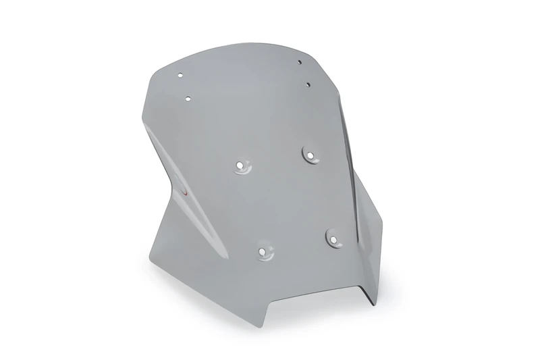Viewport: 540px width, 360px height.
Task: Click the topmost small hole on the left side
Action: (x=181, y=74)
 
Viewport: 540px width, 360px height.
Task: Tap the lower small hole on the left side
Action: (x=188, y=99)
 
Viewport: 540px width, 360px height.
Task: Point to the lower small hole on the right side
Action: (x=307, y=84)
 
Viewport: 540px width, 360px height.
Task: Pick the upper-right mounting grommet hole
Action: (x=310, y=155)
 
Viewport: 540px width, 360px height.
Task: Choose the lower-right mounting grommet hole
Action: (x=333, y=236)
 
